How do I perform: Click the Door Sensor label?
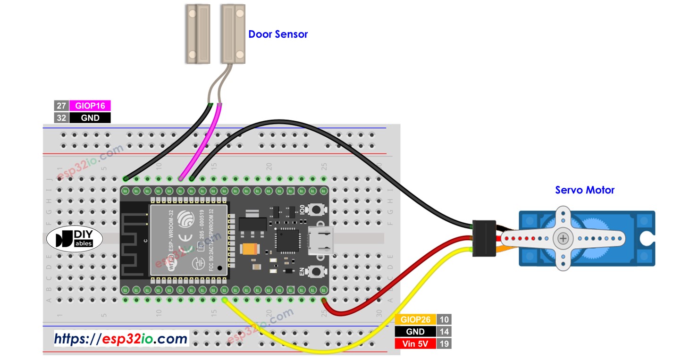(x=278, y=34)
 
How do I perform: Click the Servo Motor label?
(x=585, y=190)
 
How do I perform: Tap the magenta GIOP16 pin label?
(x=90, y=106)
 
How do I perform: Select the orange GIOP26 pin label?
(x=415, y=319)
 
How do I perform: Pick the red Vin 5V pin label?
(x=415, y=343)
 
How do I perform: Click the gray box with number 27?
(x=61, y=106)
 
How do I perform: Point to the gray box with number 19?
(x=444, y=343)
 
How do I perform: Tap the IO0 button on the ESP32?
(x=315, y=209)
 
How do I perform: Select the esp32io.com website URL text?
(x=121, y=338)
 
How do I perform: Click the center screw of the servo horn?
(x=563, y=238)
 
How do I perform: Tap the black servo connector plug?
(x=484, y=238)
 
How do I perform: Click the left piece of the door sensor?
(x=197, y=33)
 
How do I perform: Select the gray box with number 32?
(x=61, y=118)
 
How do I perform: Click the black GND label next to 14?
(x=415, y=332)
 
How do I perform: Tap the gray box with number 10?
(x=444, y=319)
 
